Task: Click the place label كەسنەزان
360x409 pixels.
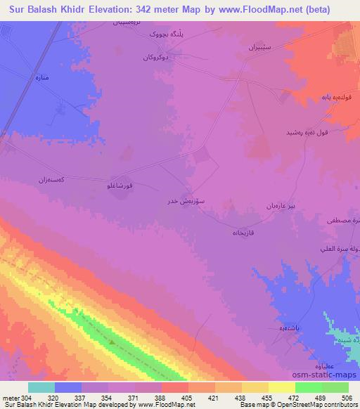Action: (x=53, y=180)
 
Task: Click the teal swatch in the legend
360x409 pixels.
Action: (x=41, y=387)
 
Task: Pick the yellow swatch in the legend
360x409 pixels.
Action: (x=281, y=387)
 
